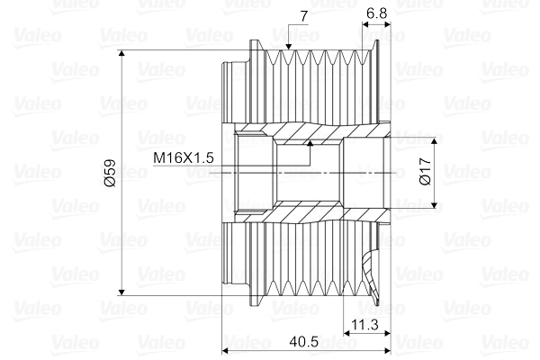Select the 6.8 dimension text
[x=378, y=13]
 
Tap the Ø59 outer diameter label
[x=110, y=173]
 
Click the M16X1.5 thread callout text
[x=183, y=158]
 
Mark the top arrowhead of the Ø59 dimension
[x=121, y=57]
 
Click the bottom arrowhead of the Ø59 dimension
[x=121, y=290]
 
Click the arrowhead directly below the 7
[x=288, y=45]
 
